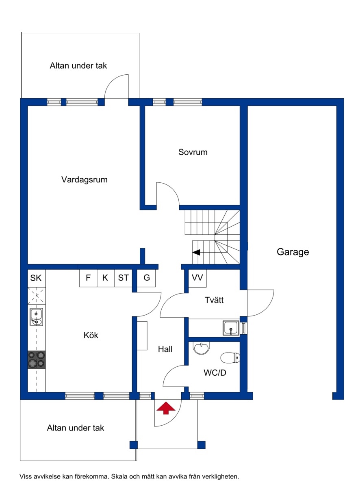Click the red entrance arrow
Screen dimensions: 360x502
click(166, 408)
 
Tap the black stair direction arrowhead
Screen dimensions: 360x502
click(196, 252)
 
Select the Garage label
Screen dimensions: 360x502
click(293, 252)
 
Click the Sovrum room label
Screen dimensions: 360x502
click(193, 152)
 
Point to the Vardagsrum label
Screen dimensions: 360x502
click(84, 180)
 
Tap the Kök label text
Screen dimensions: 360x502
click(91, 335)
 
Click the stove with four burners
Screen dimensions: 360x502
click(36, 360)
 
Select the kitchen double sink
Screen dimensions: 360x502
click(36, 317)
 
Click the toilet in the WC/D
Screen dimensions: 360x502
click(230, 357)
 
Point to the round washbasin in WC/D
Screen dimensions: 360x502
click(201, 348)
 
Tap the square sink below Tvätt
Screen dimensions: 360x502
click(231, 328)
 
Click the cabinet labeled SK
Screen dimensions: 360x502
click(37, 278)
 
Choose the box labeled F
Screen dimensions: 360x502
click(88, 278)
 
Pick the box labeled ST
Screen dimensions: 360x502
click(123, 278)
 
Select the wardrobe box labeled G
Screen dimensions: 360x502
click(146, 278)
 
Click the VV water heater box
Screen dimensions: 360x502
click(197, 278)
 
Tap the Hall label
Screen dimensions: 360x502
click(165, 349)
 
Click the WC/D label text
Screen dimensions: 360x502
click(215, 373)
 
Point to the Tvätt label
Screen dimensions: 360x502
click(214, 300)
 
